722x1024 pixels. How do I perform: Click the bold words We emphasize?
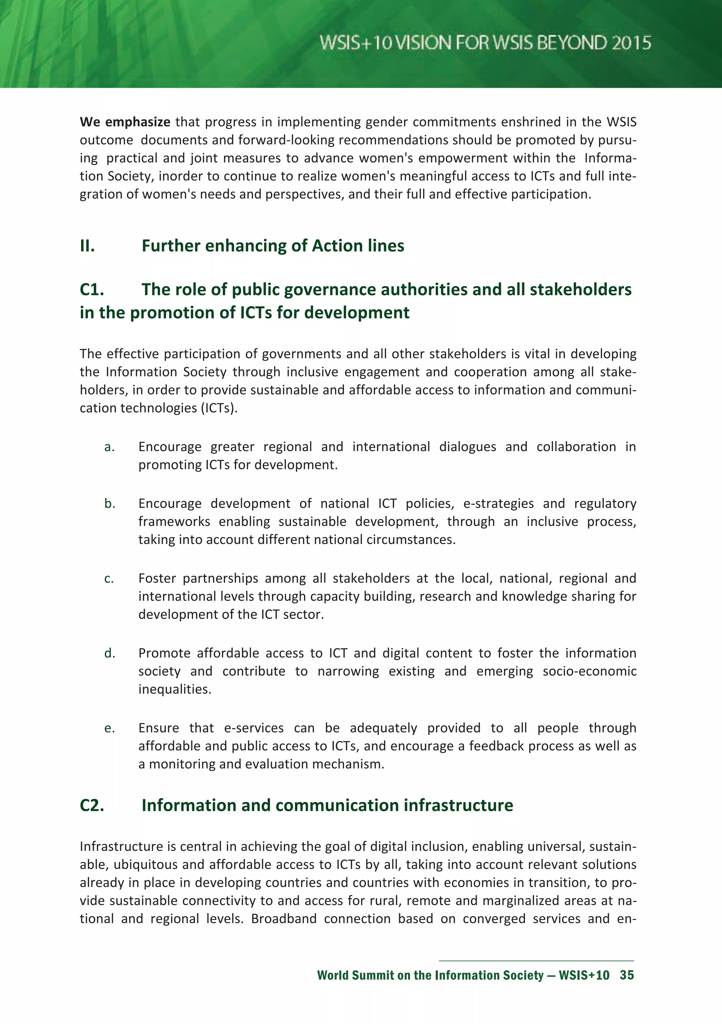pyautogui.click(x=125, y=122)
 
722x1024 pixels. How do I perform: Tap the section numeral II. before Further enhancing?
pyautogui.click(x=87, y=246)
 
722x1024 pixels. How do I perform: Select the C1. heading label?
pyautogui.click(x=92, y=289)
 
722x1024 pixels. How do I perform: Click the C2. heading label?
pyautogui.click(x=92, y=805)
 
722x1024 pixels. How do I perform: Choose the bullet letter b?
pyautogui.click(x=110, y=504)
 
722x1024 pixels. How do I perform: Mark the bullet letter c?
pyautogui.click(x=109, y=579)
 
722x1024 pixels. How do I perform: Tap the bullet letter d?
pyautogui.click(x=110, y=653)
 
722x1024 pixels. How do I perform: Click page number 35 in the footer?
pyautogui.click(x=626, y=975)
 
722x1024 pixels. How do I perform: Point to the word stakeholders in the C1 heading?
pyautogui.click(x=581, y=289)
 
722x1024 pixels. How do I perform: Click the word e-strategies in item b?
pyautogui.click(x=498, y=504)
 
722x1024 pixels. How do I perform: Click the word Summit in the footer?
pyautogui.click(x=373, y=975)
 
